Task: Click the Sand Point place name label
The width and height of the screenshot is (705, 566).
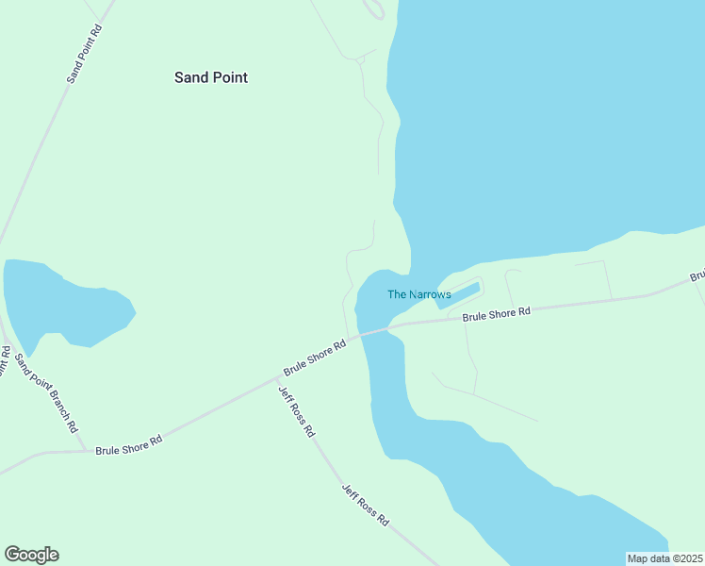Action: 211,77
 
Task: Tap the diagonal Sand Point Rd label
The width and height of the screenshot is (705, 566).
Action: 85,55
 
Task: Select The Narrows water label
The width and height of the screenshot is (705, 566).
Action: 419,294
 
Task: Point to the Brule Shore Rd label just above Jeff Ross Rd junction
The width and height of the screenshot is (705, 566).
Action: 316,359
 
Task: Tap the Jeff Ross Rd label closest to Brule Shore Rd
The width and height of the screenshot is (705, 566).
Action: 296,410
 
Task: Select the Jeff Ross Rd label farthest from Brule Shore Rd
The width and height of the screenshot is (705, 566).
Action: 365,506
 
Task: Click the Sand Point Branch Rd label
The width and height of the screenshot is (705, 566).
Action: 57,394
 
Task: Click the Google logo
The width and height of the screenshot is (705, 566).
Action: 31,555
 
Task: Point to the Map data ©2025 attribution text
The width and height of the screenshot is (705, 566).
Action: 664,558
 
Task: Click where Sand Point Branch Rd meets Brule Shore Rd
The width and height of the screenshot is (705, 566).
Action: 85,451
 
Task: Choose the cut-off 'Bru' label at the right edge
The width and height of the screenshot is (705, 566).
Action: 697,277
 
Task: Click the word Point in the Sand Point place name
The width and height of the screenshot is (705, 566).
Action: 229,77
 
